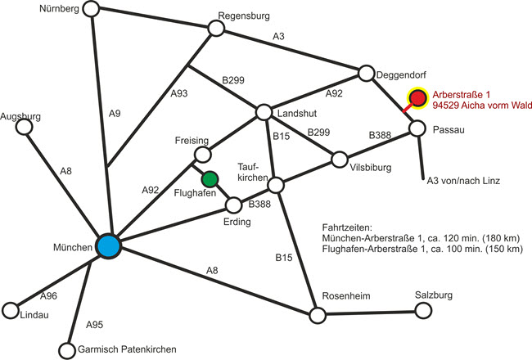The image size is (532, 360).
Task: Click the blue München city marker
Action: click(x=108, y=245)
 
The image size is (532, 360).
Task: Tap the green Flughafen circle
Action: click(x=210, y=178)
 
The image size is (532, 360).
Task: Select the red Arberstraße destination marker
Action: click(x=418, y=99)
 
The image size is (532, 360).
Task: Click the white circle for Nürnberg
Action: click(x=91, y=9)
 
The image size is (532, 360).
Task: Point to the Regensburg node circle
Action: click(x=216, y=28)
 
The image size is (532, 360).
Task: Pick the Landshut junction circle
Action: click(x=264, y=112)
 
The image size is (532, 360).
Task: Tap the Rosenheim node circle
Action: click(x=317, y=314)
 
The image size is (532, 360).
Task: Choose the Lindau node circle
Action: click(x=11, y=311)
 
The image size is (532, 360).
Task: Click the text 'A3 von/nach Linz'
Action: click(x=463, y=179)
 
